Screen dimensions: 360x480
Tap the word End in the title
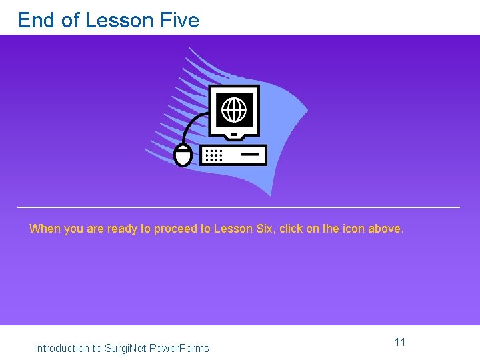click(x=37, y=20)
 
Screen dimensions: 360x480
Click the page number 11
click(x=400, y=342)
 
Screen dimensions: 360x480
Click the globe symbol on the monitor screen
click(x=234, y=109)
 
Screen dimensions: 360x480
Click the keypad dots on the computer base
click(x=213, y=155)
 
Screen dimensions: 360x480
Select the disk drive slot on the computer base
click(x=249, y=155)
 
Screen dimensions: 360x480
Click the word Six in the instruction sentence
click(x=264, y=229)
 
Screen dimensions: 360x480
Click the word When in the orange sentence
click(x=44, y=229)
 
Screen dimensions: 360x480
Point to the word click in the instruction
click(x=291, y=229)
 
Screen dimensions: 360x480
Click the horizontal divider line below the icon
click(x=239, y=207)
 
